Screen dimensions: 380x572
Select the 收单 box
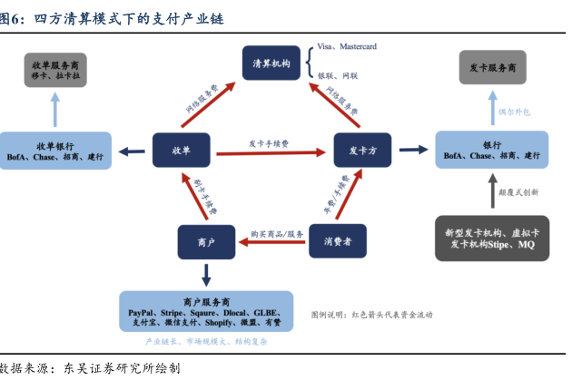tap(181, 149)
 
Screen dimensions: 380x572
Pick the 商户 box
tap(205, 240)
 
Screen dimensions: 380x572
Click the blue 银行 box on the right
tap(492, 150)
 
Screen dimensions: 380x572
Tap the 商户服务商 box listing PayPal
tap(205, 310)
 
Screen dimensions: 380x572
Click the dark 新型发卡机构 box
tap(492, 239)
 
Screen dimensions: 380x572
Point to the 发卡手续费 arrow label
tap(269, 143)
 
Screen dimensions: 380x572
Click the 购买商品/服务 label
tap(277, 234)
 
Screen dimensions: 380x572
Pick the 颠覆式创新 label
tap(518, 192)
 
